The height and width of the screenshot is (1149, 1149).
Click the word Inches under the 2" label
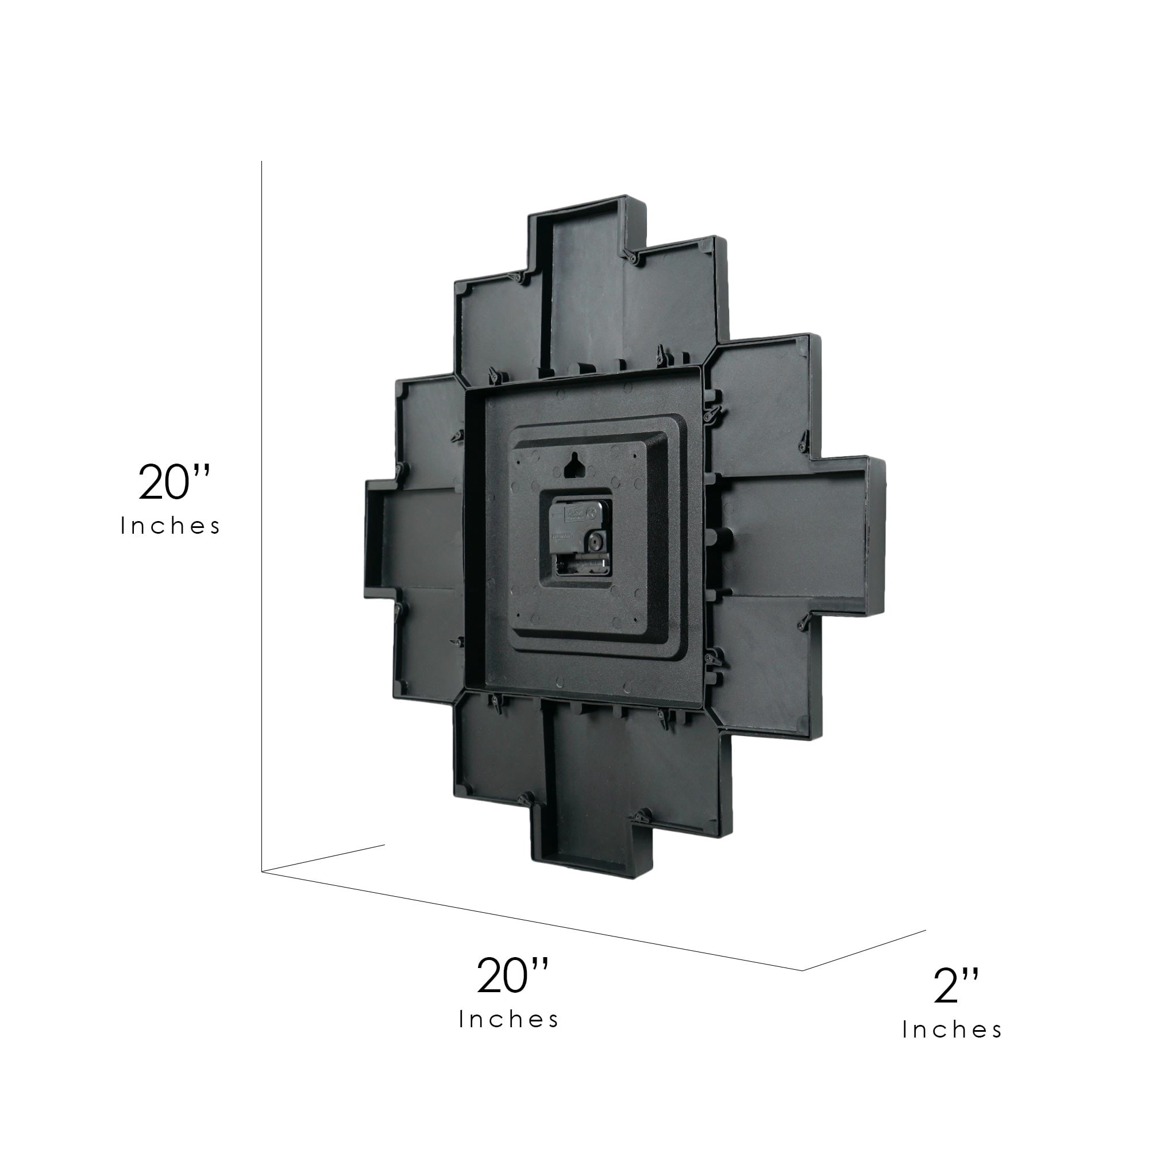[952, 1030]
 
